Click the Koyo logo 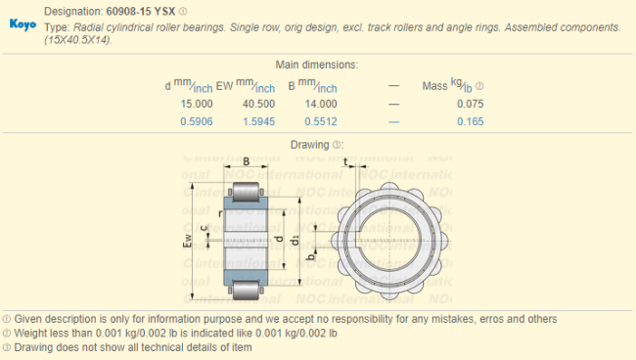tap(23, 24)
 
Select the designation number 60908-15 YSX tap(141, 12)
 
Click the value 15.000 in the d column tap(197, 104)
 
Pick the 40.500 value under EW tap(258, 104)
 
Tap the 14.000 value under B tap(321, 104)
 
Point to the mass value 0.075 tap(471, 104)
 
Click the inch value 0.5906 tap(197, 121)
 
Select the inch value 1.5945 tap(258, 121)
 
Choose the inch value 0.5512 tap(321, 121)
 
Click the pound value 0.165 tap(471, 121)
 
